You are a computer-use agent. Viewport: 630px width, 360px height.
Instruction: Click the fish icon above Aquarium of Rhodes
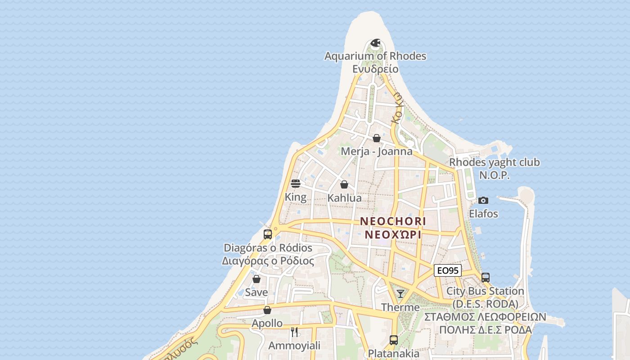pos(375,43)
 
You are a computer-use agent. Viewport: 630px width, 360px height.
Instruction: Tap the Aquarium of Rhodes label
pos(375,56)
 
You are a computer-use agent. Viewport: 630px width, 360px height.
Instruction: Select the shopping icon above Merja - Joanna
pos(377,138)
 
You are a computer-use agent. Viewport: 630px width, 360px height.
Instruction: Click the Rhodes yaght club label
pos(495,162)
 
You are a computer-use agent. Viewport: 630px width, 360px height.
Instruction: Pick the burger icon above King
pos(296,184)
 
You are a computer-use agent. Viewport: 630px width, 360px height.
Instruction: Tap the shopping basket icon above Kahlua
pos(344,184)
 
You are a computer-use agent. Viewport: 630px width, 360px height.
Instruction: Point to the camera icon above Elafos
pos(483,200)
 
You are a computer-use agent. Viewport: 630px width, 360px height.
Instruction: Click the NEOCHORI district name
pos(393,221)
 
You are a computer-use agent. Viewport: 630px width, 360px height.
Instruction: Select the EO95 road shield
pos(448,270)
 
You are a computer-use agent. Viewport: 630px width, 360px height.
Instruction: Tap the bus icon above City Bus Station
pos(485,277)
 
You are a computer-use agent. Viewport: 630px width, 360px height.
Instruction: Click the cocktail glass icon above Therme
pos(400,294)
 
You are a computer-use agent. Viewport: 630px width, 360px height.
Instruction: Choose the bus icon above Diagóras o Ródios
pos(268,234)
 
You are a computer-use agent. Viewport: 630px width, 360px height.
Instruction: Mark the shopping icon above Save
pos(256,279)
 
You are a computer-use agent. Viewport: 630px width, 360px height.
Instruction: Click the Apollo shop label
pos(267,323)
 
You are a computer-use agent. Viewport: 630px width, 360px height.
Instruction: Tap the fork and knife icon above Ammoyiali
pos(294,332)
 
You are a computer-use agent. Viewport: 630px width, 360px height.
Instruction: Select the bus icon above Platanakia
pos(394,340)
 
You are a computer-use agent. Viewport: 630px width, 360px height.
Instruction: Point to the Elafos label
pos(483,214)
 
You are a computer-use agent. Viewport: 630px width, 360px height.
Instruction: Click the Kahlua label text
pos(344,198)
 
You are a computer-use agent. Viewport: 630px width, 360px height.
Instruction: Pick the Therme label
pos(400,307)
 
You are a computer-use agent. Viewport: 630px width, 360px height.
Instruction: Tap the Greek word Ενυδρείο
pos(375,69)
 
